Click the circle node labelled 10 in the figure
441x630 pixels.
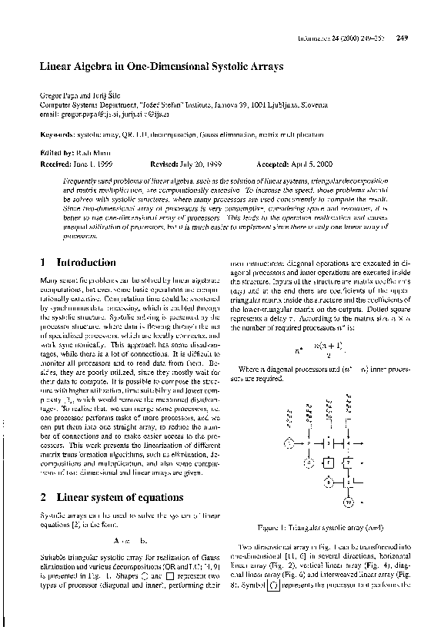(348, 503)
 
